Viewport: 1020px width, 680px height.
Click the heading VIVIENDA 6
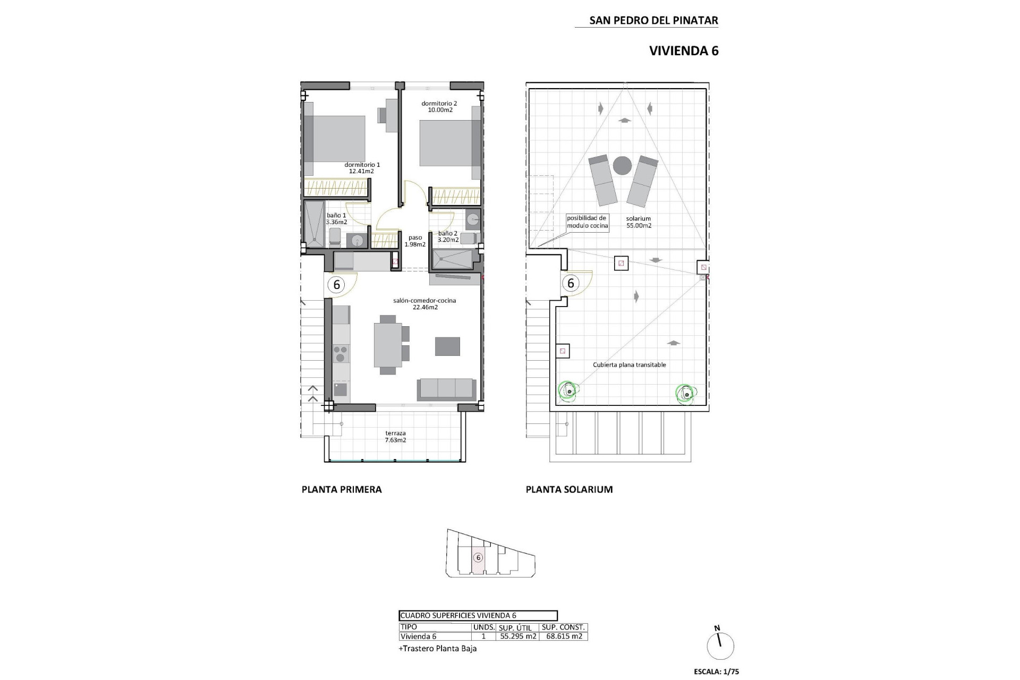coord(684,51)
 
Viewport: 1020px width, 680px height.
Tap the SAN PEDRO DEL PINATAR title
coord(653,21)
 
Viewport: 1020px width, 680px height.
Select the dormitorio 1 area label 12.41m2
coord(361,171)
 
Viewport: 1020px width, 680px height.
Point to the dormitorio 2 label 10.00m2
coord(440,110)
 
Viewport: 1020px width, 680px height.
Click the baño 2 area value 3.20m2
coord(448,240)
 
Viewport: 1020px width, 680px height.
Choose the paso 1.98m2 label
coord(415,241)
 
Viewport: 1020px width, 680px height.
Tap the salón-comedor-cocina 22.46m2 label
coord(424,304)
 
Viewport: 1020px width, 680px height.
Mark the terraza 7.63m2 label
coord(395,437)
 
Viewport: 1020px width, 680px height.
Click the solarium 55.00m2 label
coord(638,222)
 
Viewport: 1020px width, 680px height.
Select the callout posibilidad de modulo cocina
coord(586,222)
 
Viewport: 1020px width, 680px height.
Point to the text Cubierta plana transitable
coord(629,365)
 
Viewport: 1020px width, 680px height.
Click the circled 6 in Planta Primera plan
coord(336,285)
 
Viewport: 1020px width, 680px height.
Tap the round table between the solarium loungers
coord(623,166)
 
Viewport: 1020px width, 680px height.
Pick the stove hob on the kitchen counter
coord(341,353)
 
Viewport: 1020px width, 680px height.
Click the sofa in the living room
coord(446,389)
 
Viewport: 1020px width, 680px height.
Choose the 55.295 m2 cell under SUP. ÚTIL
coord(518,636)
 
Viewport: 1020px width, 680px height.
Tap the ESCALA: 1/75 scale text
coord(716,671)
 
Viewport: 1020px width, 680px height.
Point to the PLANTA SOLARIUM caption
coord(569,490)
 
